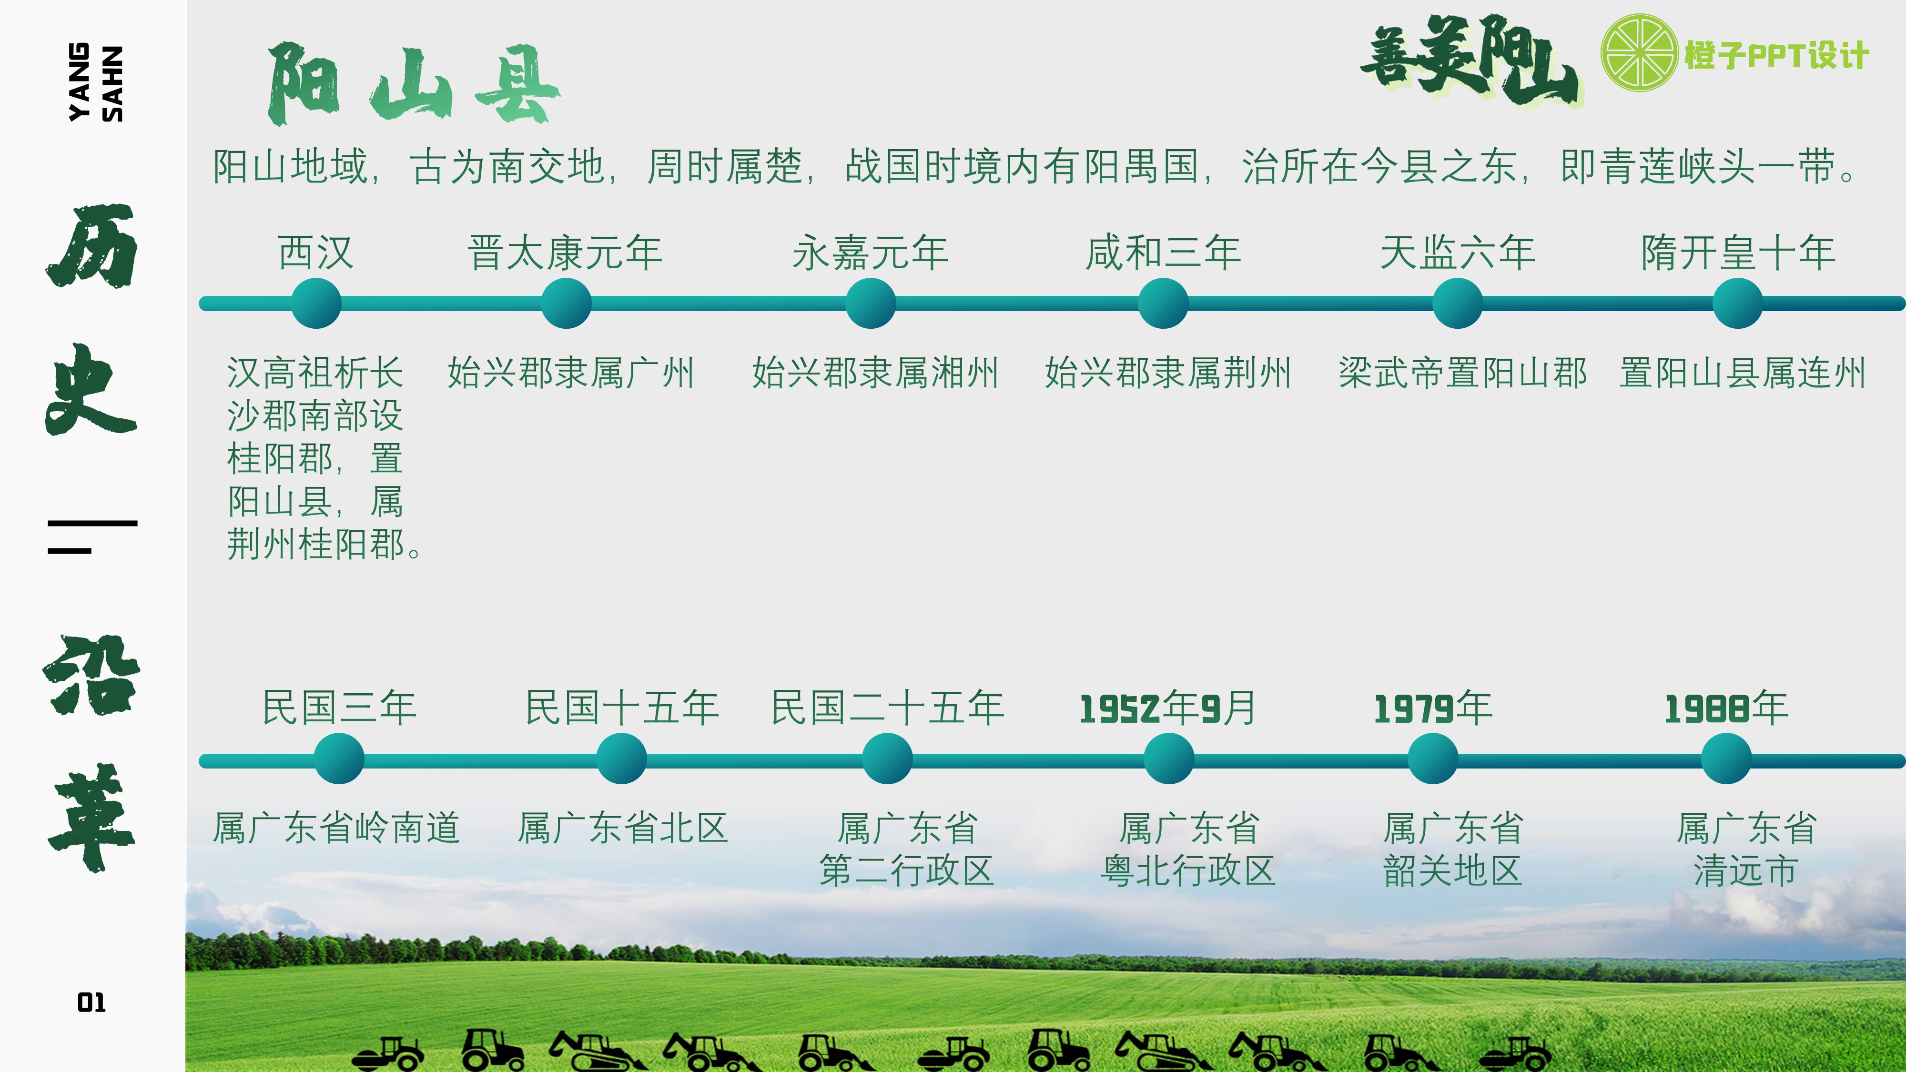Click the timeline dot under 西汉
coord(316,303)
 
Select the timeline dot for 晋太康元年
coord(566,303)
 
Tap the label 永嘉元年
coord(870,253)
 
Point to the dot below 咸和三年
coord(1163,303)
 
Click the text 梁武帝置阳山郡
coord(1463,373)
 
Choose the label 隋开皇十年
coord(1738,253)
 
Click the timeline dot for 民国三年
coord(339,758)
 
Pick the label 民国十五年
coord(621,708)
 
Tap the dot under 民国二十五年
coord(887,758)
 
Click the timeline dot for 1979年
coord(1432,758)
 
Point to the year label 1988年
coord(1726,708)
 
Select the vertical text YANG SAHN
coord(95,82)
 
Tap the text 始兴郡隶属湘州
coord(875,373)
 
